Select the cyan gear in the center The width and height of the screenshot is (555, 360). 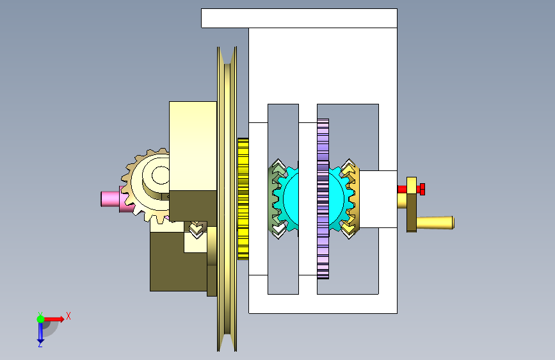(x=312, y=199)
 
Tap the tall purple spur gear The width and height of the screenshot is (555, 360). (x=323, y=199)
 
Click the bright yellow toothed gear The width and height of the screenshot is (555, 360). (x=243, y=199)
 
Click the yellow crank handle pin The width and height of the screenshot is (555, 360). (x=435, y=222)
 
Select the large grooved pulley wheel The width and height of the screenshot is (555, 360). (x=227, y=199)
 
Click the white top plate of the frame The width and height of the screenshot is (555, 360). (x=299, y=18)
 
